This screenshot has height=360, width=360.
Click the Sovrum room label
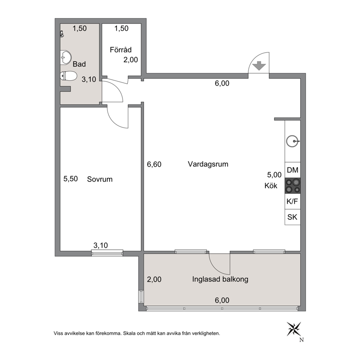tap(100, 179)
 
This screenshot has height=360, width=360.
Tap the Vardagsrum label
tap(208, 164)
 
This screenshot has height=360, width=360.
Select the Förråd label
tap(120, 50)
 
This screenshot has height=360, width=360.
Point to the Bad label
tap(79, 64)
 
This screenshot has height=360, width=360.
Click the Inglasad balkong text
tap(220, 279)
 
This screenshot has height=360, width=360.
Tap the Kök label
tap(271, 185)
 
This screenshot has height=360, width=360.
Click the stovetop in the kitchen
tap(292, 186)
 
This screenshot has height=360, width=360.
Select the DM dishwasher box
tap(292, 170)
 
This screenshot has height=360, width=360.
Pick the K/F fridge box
tap(292, 201)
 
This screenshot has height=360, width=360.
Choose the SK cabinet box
tap(292, 217)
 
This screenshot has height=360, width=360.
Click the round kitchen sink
tap(292, 141)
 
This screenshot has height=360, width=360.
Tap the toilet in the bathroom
tap(69, 76)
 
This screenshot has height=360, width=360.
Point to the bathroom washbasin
tap(66, 57)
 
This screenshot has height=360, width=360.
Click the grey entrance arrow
tap(259, 66)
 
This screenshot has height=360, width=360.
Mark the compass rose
tap(294, 329)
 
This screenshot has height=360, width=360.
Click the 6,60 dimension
tap(154, 164)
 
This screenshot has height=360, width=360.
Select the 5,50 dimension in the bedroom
tap(70, 179)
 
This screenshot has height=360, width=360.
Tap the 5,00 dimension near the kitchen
tap(274, 175)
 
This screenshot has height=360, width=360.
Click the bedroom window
tap(107, 253)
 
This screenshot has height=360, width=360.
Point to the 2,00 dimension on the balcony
tap(154, 279)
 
